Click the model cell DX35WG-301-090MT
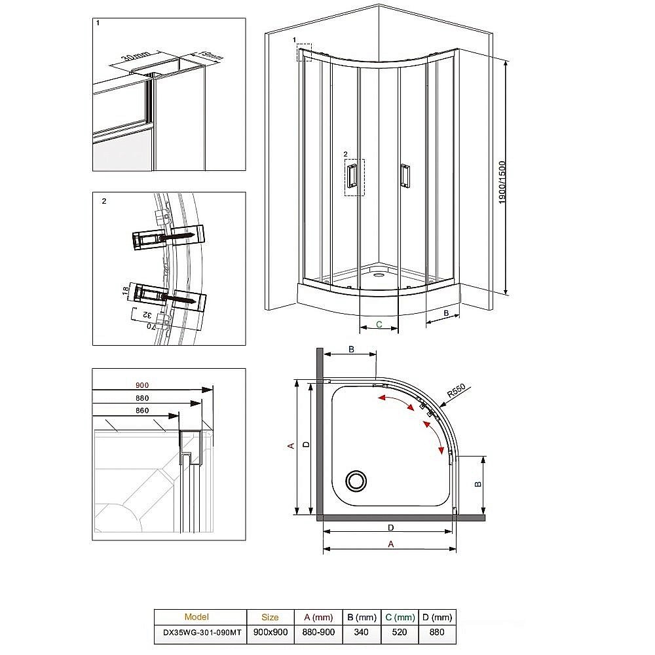[200, 633]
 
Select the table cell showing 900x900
[269, 633]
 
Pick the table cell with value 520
[400, 633]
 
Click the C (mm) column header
[400, 617]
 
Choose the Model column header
[196, 617]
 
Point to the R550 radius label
[456, 392]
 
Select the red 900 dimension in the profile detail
[143, 384]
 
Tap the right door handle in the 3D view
[405, 176]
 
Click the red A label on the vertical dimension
[291, 446]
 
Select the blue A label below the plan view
[392, 544]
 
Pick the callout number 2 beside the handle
[346, 155]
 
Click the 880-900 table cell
[318, 633]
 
